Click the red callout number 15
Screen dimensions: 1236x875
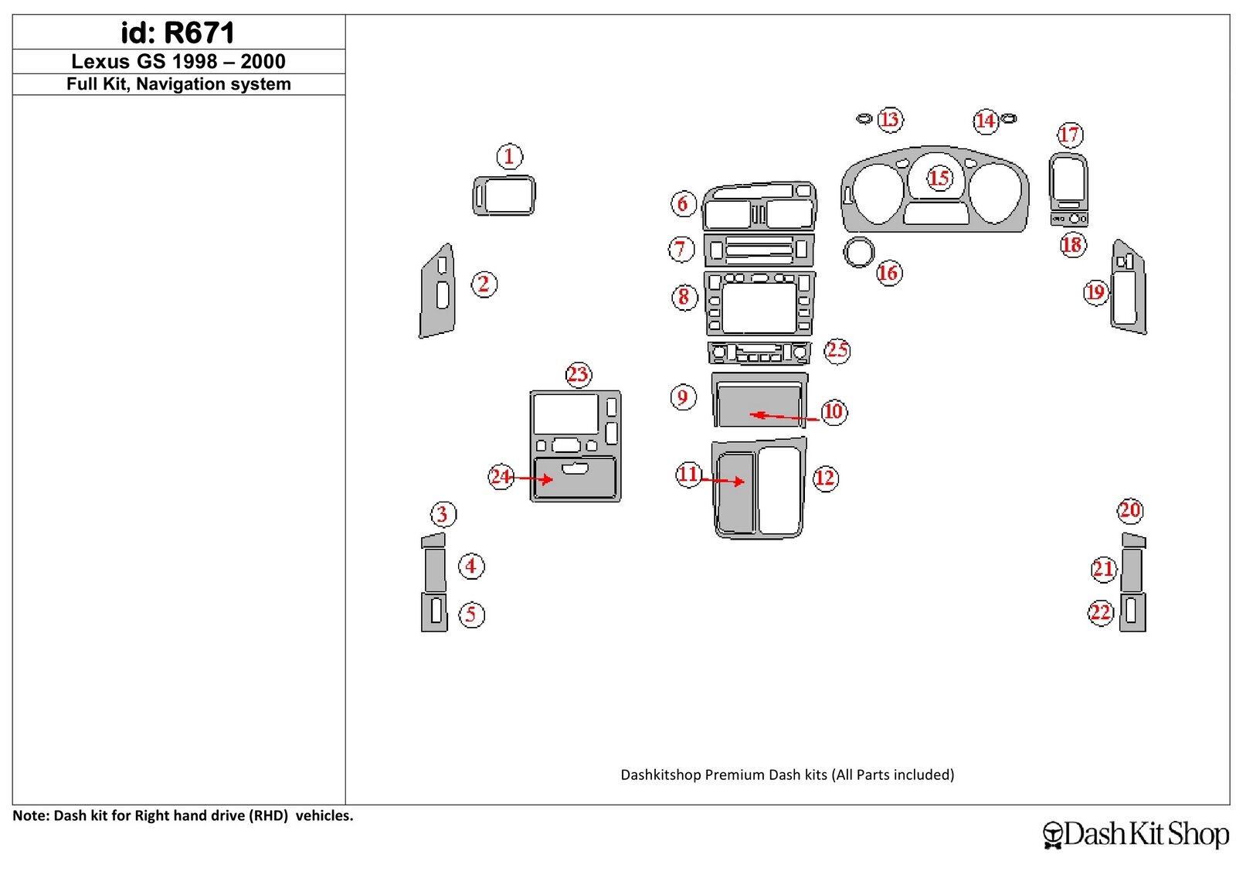939,179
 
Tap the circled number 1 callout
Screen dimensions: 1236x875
509,156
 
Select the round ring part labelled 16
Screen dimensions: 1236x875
858,252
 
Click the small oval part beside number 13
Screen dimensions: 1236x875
864,118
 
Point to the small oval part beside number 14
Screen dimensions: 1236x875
1008,118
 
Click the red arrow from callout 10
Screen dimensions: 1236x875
784,417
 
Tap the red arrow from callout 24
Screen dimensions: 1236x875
530,478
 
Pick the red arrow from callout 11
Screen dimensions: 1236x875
722,481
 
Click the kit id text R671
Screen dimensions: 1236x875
199,32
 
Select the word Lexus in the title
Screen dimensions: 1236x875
100,61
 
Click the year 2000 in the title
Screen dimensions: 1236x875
263,61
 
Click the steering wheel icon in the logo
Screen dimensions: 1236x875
1053,835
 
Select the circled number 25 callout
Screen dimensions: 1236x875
837,350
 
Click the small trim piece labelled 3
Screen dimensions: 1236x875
433,540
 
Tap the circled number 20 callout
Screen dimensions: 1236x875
1130,510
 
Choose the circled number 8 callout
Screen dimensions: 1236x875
684,297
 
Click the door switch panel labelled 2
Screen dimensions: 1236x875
437,291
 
